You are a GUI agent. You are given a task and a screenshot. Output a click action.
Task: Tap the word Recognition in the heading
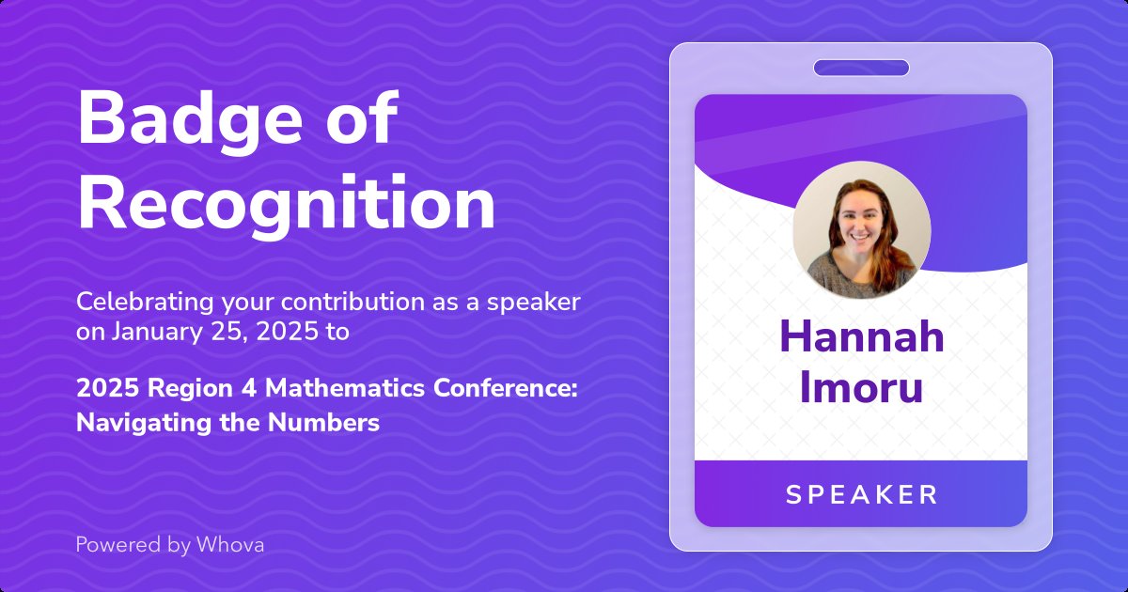286,203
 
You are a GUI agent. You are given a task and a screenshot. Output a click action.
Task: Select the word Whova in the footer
230,544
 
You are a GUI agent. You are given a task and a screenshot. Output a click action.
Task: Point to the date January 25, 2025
215,332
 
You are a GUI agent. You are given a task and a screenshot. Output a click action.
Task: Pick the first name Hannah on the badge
861,335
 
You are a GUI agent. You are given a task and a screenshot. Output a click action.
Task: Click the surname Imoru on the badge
861,387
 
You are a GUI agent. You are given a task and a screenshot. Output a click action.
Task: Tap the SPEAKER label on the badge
861,494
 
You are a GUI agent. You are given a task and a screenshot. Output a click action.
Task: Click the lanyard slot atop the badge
861,68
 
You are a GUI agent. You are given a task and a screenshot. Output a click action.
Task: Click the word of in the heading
363,120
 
